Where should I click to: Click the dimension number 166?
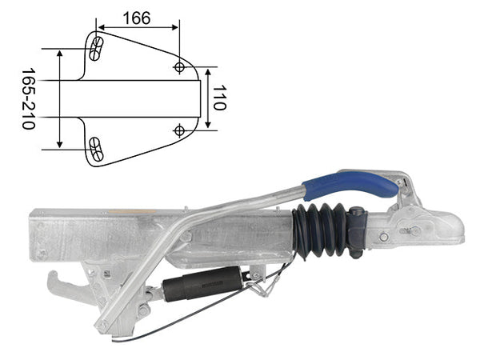click(137, 18)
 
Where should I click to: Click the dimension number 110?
click(219, 98)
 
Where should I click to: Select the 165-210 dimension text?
click(28, 99)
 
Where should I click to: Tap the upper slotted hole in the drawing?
click(96, 49)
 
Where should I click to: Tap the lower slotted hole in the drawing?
click(96, 149)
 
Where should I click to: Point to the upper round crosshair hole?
click(179, 66)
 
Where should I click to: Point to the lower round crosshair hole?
click(179, 130)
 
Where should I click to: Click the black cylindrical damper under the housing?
click(202, 283)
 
